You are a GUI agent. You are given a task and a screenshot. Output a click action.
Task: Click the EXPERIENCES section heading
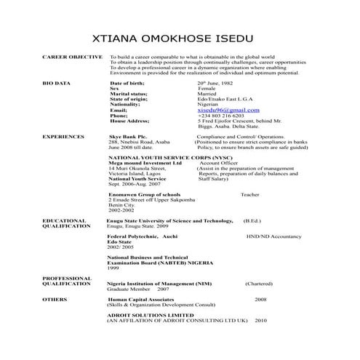63,136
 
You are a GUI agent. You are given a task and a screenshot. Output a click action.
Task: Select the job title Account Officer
221,164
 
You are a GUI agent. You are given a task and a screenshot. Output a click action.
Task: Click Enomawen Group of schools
144,195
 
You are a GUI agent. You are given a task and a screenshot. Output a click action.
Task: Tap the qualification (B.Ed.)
252,220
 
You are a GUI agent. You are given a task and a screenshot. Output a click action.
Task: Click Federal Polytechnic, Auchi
143,237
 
